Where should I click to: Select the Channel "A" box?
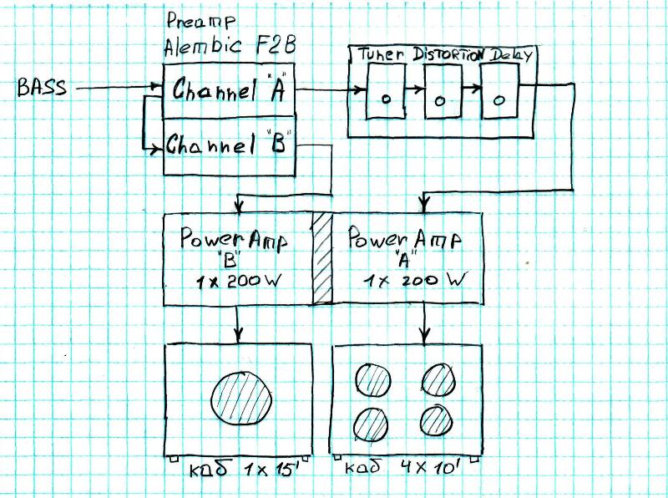(x=229, y=93)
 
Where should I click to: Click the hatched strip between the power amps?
(x=322, y=258)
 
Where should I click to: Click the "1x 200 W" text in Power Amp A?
(x=412, y=282)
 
